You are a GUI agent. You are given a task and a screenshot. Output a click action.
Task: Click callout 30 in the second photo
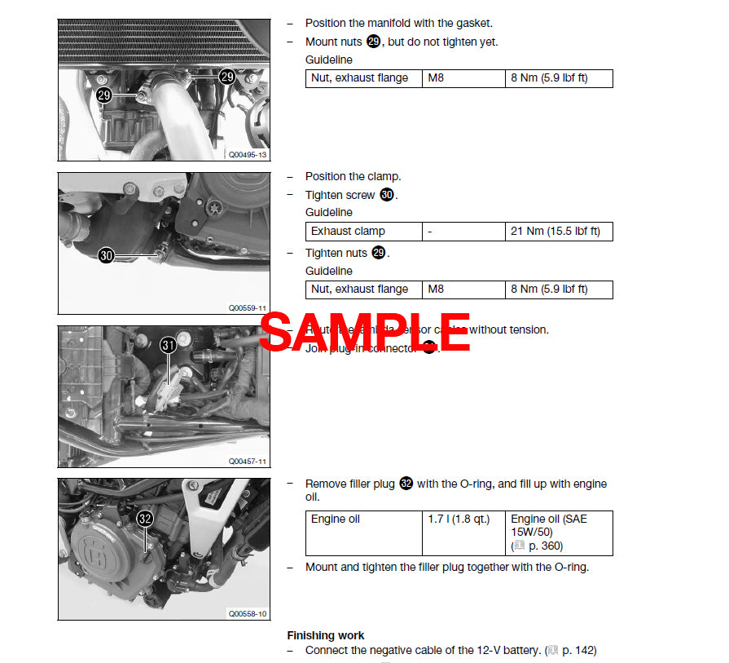[107, 255]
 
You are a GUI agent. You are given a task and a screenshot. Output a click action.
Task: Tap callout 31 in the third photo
[168, 346]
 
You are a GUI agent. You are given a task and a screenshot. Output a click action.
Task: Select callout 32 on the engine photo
[144, 518]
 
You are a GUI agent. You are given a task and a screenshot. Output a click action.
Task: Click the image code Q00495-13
[247, 154]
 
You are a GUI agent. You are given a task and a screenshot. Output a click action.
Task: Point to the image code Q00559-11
[247, 308]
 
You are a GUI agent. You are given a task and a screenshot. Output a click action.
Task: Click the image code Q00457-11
[247, 461]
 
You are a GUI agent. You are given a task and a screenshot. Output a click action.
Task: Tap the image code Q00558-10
[247, 613]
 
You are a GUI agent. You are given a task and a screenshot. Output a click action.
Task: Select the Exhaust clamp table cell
[363, 232]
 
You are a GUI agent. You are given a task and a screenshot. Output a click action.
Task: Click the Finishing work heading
[326, 635]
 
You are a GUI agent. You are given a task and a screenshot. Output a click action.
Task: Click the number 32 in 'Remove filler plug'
[406, 484]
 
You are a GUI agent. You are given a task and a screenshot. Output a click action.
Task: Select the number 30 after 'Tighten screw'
[387, 196]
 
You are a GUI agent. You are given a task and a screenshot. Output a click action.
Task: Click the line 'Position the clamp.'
[353, 176]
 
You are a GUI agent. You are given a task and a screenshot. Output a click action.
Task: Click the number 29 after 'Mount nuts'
[373, 42]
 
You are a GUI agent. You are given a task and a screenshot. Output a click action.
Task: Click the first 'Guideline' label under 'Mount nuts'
[329, 60]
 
